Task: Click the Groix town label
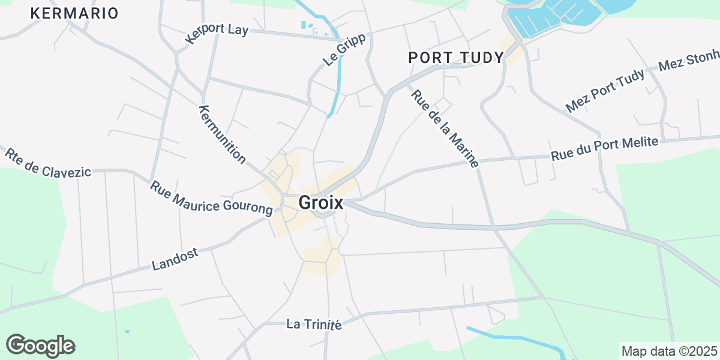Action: (x=321, y=203)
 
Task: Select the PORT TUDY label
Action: (x=456, y=58)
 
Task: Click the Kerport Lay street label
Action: (x=217, y=34)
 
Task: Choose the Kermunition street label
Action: (x=222, y=134)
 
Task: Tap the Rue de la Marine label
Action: (x=445, y=128)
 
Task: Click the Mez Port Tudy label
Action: (x=605, y=91)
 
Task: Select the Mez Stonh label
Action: (x=689, y=61)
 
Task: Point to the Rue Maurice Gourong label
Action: (x=211, y=199)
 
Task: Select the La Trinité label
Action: (x=314, y=325)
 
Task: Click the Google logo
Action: (x=40, y=346)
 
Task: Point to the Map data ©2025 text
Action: (x=668, y=351)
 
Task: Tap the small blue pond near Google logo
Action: (x=127, y=331)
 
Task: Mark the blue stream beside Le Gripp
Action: (x=340, y=72)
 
